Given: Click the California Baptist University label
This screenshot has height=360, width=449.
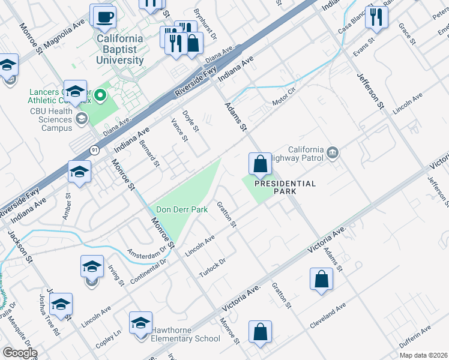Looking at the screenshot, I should (x=121, y=49).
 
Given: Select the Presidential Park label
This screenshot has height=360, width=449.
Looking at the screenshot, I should (x=285, y=187).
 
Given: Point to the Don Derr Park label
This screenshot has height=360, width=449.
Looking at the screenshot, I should (x=181, y=209).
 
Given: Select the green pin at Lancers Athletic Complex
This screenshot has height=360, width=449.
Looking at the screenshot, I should (x=101, y=95).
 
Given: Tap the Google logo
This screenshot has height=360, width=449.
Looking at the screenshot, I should (x=20, y=353).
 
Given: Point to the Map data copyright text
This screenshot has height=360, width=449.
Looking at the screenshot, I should (x=424, y=355).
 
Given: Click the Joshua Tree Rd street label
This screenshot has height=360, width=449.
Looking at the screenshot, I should (x=49, y=325).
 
